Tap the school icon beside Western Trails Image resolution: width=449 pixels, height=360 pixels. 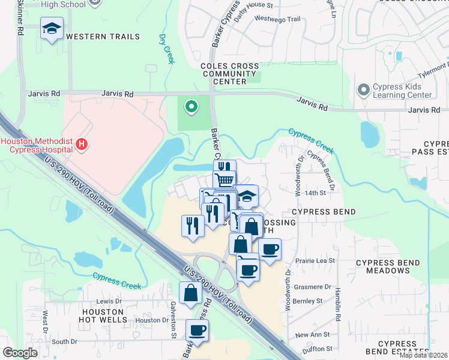point(52,28)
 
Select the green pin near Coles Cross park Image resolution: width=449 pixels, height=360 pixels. point(191,107)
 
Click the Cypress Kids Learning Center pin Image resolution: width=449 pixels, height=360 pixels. point(363,90)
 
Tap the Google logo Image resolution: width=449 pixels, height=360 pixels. point(20,352)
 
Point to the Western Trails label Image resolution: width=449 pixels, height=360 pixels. point(103,37)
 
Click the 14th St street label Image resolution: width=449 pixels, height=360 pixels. point(315,193)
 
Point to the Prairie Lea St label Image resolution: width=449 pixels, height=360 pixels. point(315,261)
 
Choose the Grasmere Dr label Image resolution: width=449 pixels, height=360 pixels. point(312,287)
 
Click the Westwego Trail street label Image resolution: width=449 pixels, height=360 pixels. point(277,19)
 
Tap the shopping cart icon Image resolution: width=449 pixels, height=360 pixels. point(224,179)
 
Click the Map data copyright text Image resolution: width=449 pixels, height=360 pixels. point(423,355)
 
